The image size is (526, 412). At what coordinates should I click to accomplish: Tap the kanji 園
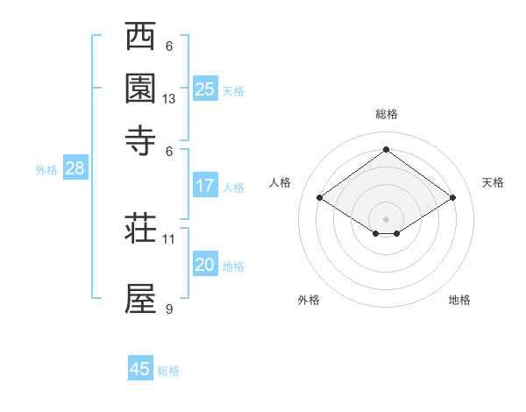140,89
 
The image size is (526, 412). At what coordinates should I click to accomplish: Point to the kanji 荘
140,228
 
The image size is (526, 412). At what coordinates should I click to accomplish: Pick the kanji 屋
140,298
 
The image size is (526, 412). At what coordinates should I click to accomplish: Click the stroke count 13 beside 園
169,99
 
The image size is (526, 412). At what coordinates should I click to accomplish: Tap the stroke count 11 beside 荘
169,238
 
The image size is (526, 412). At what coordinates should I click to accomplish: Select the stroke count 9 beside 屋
169,309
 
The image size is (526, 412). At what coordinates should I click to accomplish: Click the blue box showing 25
205,89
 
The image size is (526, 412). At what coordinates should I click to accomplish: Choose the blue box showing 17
205,186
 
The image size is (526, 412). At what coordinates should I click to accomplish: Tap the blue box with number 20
205,265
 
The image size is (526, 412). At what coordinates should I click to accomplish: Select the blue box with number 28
75,169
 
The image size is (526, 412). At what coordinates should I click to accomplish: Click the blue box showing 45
140,369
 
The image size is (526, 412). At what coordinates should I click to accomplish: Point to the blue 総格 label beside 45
168,371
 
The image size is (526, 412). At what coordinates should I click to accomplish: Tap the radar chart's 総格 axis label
387,114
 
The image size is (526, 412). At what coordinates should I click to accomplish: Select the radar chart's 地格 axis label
459,300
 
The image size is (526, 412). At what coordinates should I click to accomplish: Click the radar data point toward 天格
452,198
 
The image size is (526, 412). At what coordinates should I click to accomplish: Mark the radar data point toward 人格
320,198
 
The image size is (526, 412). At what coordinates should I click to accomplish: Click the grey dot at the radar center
387,218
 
